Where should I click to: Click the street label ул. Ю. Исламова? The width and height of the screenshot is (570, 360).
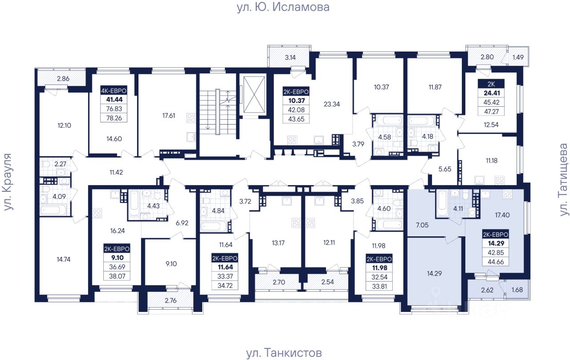[x=283, y=7]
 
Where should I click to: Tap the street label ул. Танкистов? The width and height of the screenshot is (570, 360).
[x=284, y=352]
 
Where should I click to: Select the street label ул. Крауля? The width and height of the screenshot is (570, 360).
[x=8, y=182]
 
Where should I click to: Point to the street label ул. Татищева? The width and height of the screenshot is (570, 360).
[x=564, y=180]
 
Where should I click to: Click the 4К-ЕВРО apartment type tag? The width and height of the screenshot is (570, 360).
[x=114, y=91]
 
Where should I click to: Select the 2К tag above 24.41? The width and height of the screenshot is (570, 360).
[x=491, y=84]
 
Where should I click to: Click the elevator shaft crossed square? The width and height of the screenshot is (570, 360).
[x=254, y=95]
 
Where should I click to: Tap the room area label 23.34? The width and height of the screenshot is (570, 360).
[x=332, y=104]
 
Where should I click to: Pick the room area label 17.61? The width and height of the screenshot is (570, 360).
[x=168, y=116]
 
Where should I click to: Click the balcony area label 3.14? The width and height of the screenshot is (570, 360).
[x=290, y=57]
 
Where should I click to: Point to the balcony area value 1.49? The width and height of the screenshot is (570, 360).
[x=518, y=57]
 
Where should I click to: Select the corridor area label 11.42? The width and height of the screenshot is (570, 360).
[x=116, y=172]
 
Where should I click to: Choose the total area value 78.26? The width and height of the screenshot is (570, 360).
[x=114, y=118]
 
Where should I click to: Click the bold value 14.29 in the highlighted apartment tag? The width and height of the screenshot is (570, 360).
[x=496, y=243]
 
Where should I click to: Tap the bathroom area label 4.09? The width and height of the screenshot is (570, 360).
[x=59, y=197]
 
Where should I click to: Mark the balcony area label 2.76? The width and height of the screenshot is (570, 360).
[x=171, y=300]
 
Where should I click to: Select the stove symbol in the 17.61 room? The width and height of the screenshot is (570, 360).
[x=191, y=118]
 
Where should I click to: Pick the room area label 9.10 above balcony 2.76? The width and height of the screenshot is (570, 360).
[x=171, y=264]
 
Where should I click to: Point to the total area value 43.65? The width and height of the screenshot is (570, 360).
[x=296, y=119]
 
